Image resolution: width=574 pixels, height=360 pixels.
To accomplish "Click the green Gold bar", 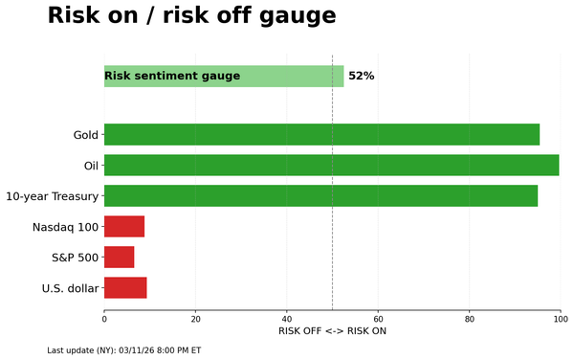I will tap(321, 135).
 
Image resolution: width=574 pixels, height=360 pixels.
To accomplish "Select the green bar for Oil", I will tap(331, 166).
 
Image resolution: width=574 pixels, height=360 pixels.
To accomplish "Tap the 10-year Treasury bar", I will tap(320, 196).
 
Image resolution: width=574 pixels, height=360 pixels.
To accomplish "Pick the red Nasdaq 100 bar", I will tap(124, 227).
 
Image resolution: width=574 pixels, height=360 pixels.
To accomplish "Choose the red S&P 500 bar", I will tap(119, 258).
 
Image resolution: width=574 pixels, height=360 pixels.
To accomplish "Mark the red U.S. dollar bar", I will tap(125, 288).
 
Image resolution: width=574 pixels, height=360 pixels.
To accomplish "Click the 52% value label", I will tap(362, 77).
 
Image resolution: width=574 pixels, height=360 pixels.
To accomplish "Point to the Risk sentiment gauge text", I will tap(172, 77).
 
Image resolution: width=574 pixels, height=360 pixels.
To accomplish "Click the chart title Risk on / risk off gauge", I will tap(191, 16).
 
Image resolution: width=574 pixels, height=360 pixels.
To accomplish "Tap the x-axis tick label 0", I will tap(104, 319).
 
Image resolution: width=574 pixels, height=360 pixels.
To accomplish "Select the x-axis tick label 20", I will tap(196, 319).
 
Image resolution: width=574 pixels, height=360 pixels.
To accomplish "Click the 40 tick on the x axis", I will tap(287, 319).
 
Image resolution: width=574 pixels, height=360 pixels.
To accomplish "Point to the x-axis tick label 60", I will tap(378, 319).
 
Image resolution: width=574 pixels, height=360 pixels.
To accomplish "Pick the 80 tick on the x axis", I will tap(470, 319).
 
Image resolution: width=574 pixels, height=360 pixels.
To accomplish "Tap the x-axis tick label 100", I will tap(561, 319).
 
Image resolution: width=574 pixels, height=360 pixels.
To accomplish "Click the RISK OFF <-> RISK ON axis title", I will tap(332, 331).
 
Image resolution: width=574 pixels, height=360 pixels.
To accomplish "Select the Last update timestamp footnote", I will tap(124, 350).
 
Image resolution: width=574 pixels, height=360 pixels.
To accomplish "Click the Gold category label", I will tap(85, 135).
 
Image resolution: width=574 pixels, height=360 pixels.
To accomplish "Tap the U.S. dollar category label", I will tap(70, 288).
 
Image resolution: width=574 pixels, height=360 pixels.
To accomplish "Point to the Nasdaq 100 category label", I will tap(65, 227).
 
